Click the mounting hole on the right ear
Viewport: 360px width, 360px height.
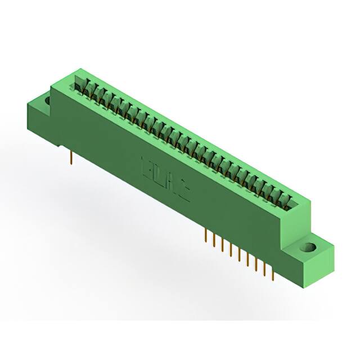[x=308, y=247]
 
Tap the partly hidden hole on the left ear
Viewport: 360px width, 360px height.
[x=48, y=101]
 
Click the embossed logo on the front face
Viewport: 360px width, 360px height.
[x=166, y=179]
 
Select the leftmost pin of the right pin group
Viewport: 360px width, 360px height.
[x=205, y=236]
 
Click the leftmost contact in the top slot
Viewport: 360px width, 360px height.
[x=79, y=86]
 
